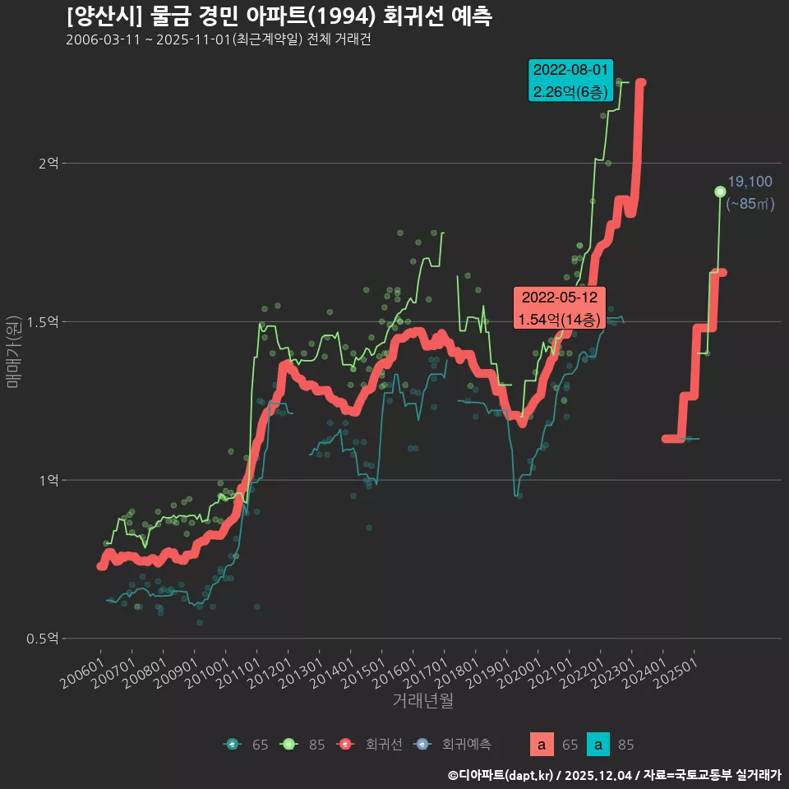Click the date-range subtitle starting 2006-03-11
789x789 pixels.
(218, 40)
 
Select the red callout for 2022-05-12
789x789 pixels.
(559, 307)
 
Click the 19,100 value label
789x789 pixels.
(750, 182)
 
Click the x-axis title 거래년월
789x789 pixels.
(422, 700)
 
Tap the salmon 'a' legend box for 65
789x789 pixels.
(541, 745)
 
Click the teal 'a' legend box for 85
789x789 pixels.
(599, 745)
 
